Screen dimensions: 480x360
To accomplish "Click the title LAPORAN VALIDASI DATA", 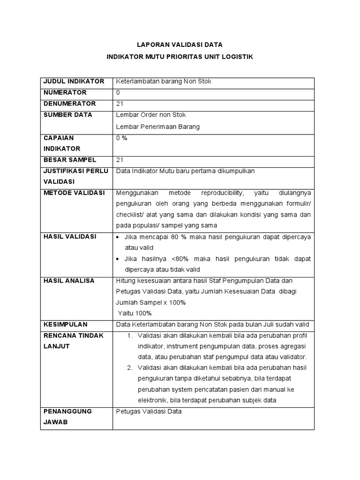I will pos(180,45).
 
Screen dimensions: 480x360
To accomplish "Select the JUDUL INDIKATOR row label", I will pos(73,82).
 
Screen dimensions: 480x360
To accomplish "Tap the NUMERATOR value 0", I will pos(118,92).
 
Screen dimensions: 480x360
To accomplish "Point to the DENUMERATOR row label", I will pos(69,104).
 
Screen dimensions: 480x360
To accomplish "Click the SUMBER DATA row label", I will pos(67,115).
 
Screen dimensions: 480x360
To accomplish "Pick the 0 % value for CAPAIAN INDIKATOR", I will pos(121,138).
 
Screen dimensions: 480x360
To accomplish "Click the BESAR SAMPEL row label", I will pos(69,160).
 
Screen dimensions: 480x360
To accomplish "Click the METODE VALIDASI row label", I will pos(74,193).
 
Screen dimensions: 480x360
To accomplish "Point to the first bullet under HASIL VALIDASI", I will pos(118,237).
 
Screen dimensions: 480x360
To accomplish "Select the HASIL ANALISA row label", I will pos(68,281).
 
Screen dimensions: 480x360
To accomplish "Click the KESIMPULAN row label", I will pos(65,324).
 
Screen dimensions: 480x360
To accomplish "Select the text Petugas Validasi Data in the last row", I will pos(149,411).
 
